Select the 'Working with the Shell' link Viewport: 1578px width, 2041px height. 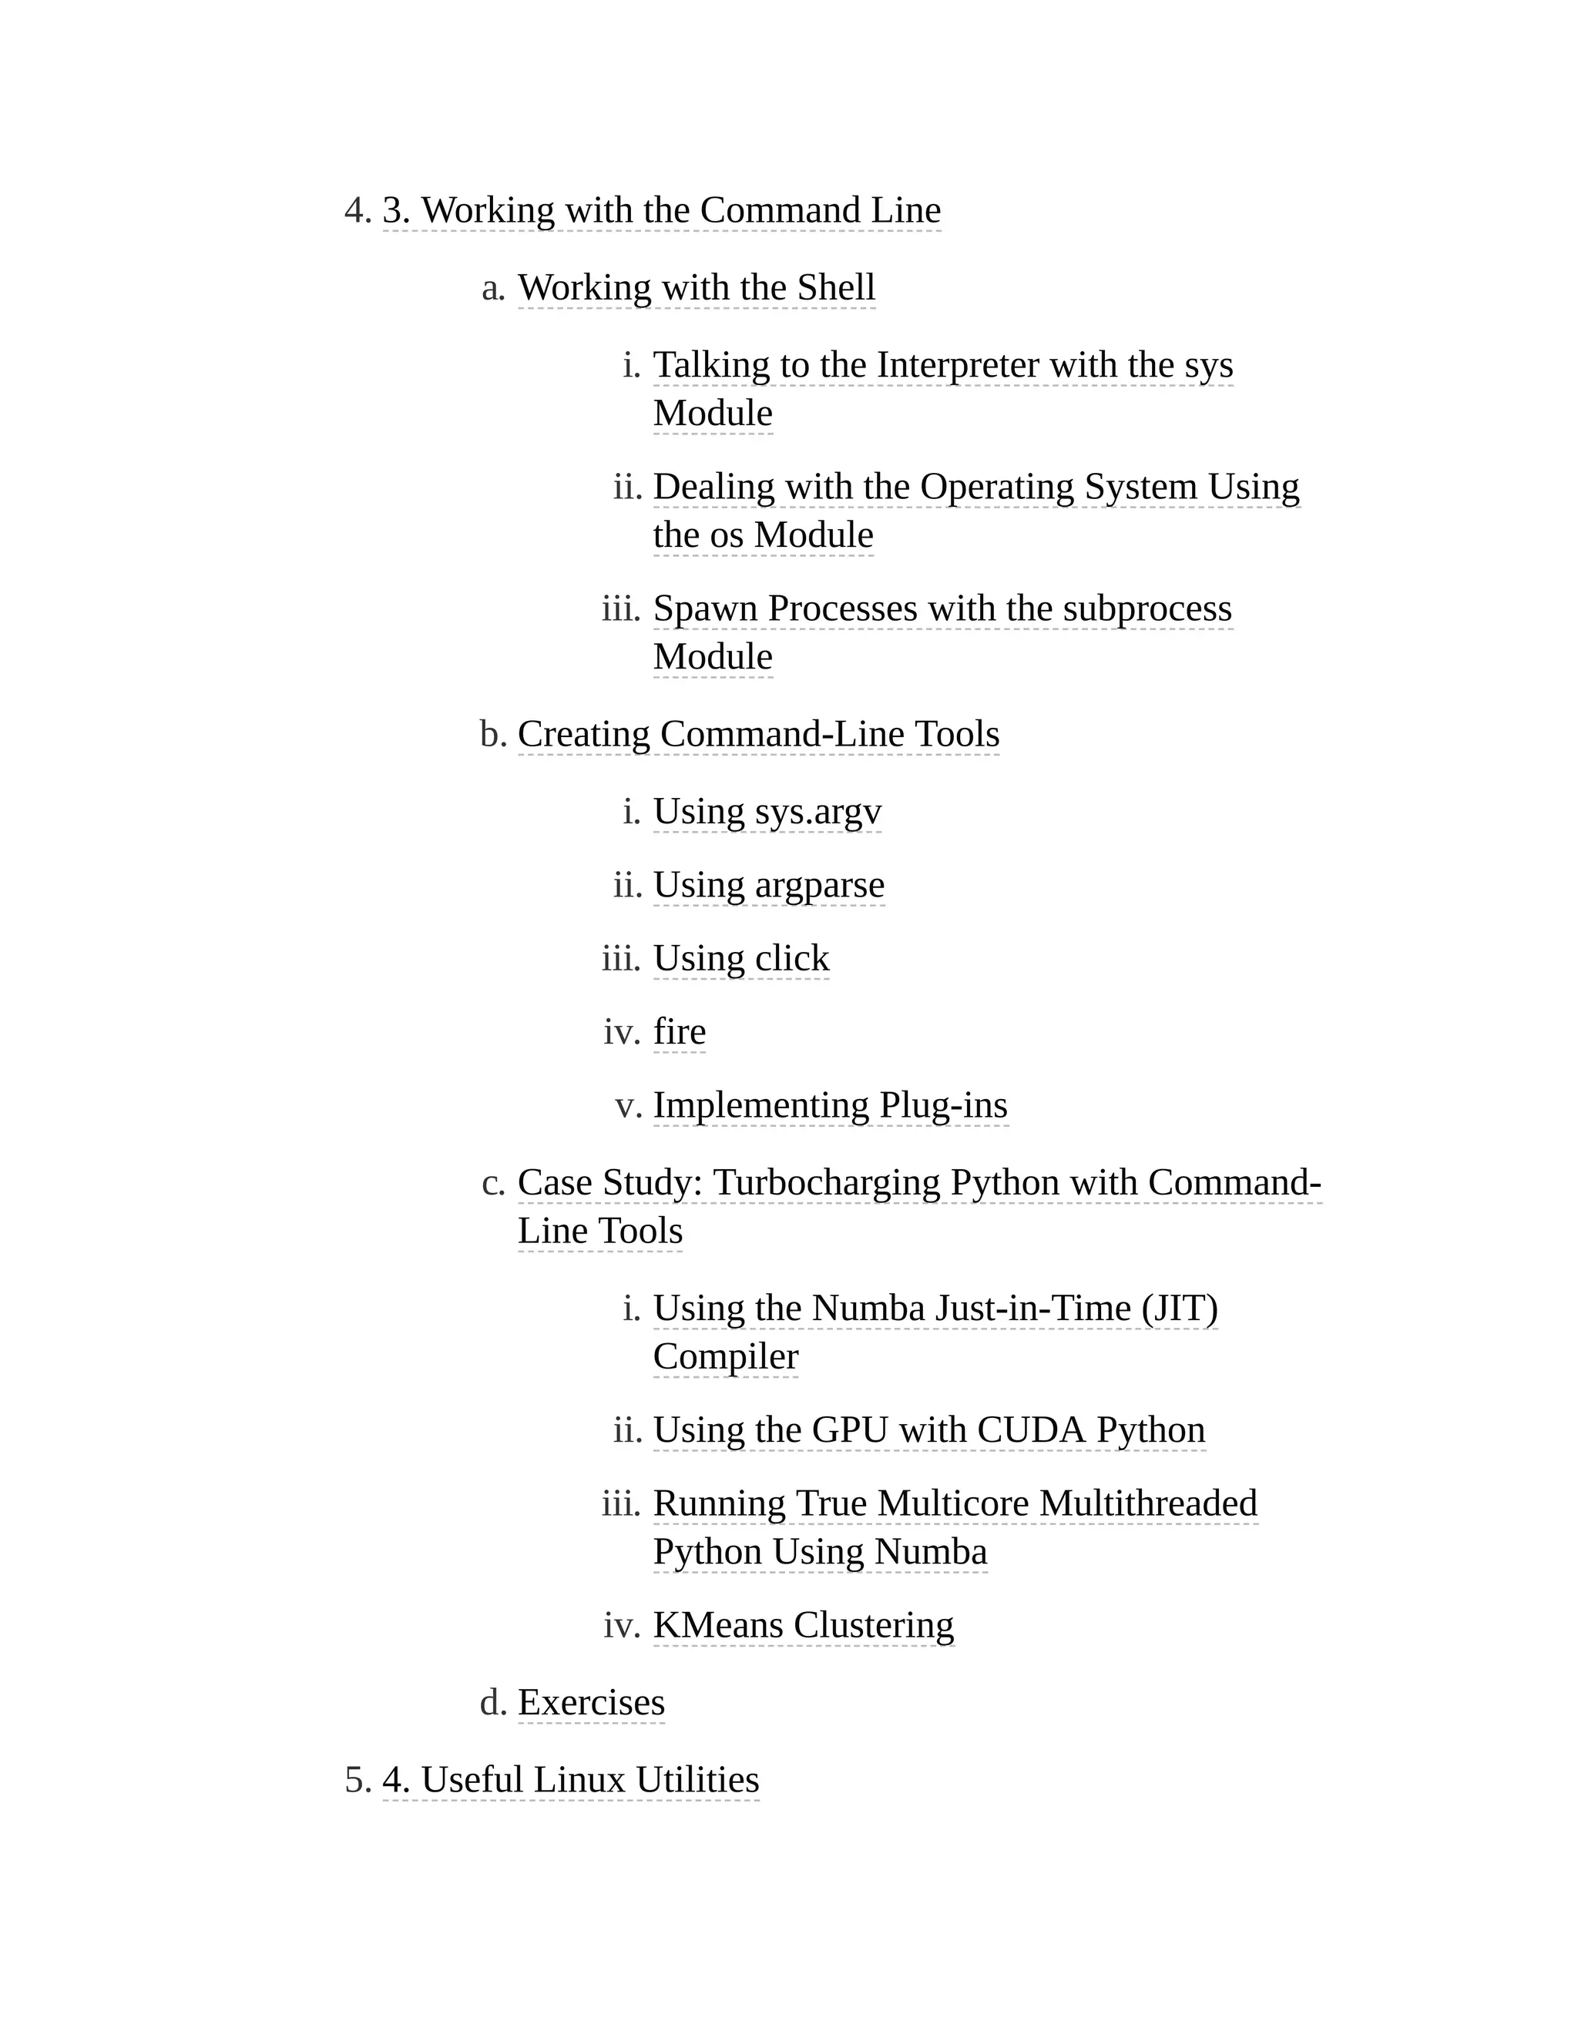coord(697,288)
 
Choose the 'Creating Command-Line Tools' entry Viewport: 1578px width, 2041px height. coord(758,735)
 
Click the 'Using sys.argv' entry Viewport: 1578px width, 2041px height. coord(767,812)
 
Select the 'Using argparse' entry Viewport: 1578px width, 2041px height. coord(768,885)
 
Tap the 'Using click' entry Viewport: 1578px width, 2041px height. coord(740,959)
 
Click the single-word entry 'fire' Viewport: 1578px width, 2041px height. coord(679,1033)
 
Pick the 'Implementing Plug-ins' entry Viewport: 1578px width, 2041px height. coord(830,1105)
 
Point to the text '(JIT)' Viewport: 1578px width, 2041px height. coord(1179,1309)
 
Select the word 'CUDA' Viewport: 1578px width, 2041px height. coord(1031,1431)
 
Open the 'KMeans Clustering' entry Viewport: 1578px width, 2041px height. coord(803,1626)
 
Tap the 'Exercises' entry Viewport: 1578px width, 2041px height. coord(591,1703)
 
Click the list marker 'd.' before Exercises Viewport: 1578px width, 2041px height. coord(492,1704)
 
